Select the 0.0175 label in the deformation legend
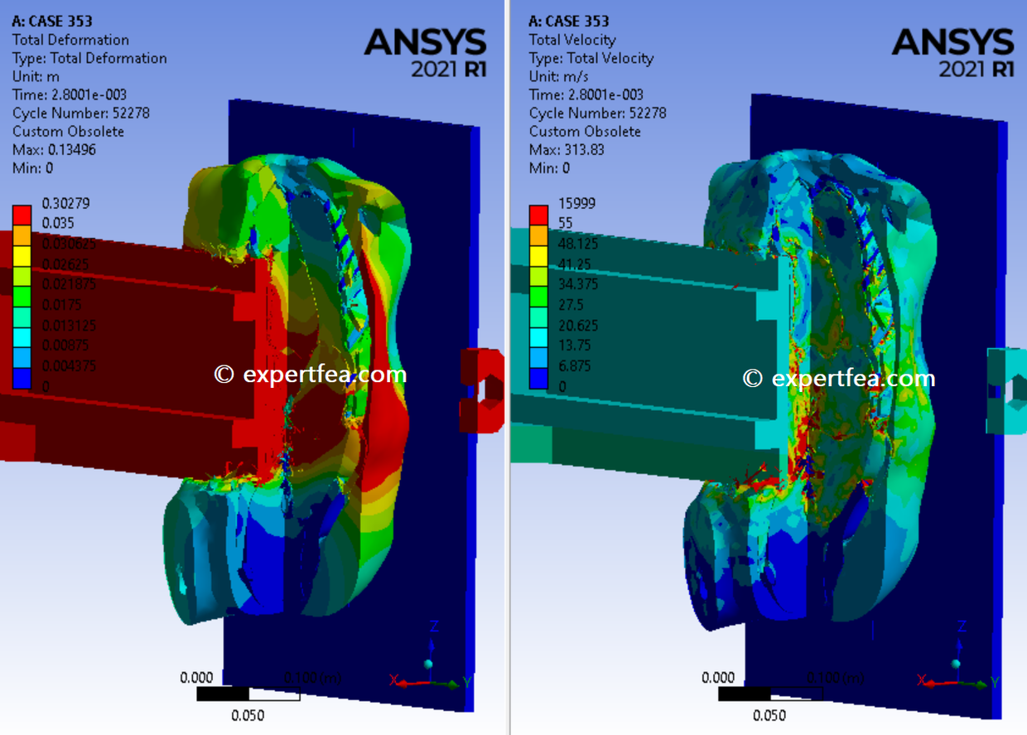point(58,305)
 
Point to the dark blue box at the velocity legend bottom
point(539,378)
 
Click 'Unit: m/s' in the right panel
point(559,76)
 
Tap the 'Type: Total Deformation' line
point(89,58)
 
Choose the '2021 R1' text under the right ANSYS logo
point(976,70)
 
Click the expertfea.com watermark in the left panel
point(311,375)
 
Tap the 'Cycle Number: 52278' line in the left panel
point(81,114)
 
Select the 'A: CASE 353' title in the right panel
point(568,22)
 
